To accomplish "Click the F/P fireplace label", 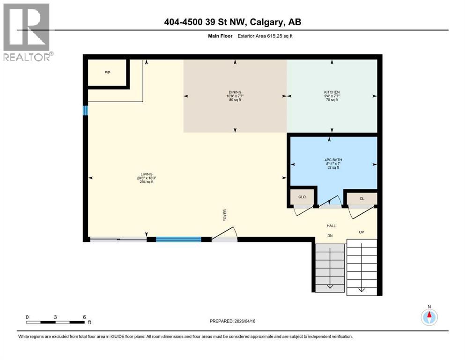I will click(x=107, y=73).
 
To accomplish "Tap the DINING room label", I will click(x=235, y=92).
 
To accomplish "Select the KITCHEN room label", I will click(x=332, y=92).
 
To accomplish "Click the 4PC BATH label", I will click(x=334, y=160).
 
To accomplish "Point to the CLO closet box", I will click(x=302, y=197).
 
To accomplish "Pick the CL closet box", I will click(x=362, y=198).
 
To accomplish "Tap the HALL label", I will click(x=331, y=226).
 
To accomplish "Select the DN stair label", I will click(x=330, y=236).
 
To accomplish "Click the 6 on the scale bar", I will click(x=84, y=317).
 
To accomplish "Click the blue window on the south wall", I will click(x=178, y=240).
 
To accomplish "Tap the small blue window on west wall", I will click(x=85, y=110).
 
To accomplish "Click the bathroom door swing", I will click(x=331, y=201).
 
